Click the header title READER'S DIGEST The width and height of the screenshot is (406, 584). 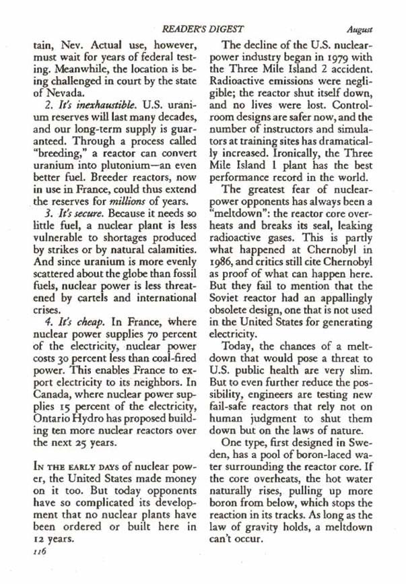tap(201, 30)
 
